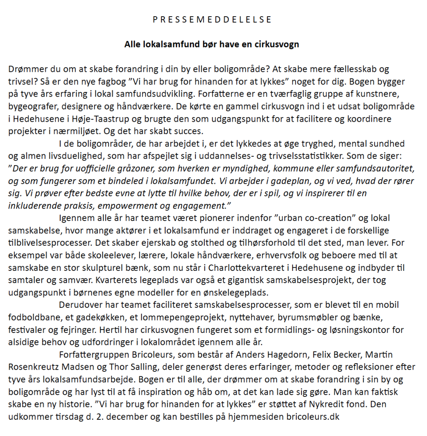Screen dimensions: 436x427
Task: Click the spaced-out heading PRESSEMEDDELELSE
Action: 212,20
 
